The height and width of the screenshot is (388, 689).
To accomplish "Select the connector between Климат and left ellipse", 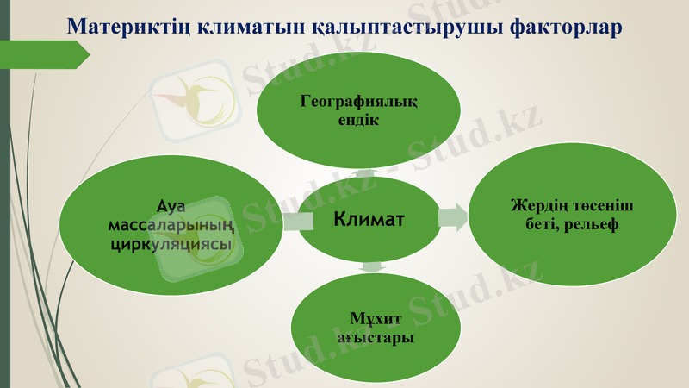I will click(297, 222).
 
